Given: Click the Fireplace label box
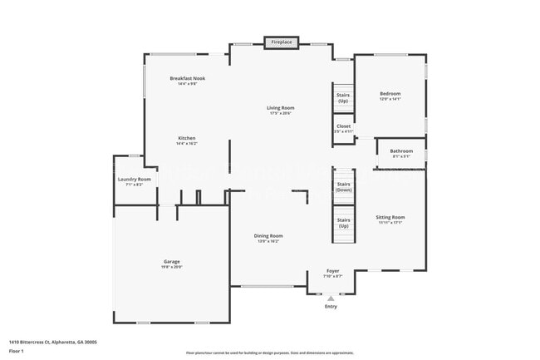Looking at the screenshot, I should [x=282, y=42].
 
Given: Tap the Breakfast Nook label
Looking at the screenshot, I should [x=188, y=78].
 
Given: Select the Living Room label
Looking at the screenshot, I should [x=281, y=107].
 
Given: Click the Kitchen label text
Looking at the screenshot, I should [x=187, y=138].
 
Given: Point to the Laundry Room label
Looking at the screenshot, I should [x=134, y=179].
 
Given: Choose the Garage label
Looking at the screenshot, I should [x=172, y=261].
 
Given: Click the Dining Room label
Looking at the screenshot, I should [x=268, y=235].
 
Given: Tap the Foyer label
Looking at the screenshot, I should [x=332, y=270].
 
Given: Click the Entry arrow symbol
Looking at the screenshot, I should [x=331, y=297].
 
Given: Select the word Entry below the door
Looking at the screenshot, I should [x=331, y=306].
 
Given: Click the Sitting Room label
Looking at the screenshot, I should [x=390, y=217].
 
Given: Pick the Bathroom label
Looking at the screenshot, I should [x=401, y=150].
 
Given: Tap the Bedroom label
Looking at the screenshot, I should [x=390, y=94].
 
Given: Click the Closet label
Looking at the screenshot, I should [x=343, y=126].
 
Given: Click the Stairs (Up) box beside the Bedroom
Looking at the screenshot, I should [x=343, y=97].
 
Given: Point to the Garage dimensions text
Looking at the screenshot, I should [x=172, y=266].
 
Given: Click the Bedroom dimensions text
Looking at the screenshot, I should [x=390, y=99].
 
